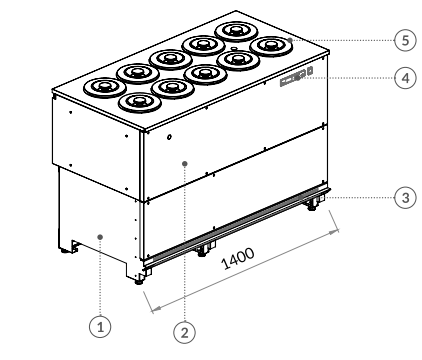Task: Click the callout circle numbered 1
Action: pos(100,326)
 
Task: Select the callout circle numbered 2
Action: pos(185,332)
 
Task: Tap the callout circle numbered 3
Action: pos(405,197)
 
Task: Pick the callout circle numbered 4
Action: pos(405,78)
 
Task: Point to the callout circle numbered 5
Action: pos(405,40)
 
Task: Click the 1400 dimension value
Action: pos(238,259)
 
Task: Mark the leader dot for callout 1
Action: pos(100,237)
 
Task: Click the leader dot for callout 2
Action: pos(185,163)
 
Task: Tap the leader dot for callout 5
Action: pos(290,40)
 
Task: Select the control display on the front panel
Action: pos(293,78)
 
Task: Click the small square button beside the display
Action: pos(310,71)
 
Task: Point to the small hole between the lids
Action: pos(234,49)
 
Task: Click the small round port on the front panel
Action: pos(169,137)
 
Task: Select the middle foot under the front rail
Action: pos(201,253)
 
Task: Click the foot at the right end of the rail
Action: pos(312,206)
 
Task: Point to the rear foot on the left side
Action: pos(64,250)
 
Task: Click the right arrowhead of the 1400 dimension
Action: pos(334,232)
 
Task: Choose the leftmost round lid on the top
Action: pos(105,87)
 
